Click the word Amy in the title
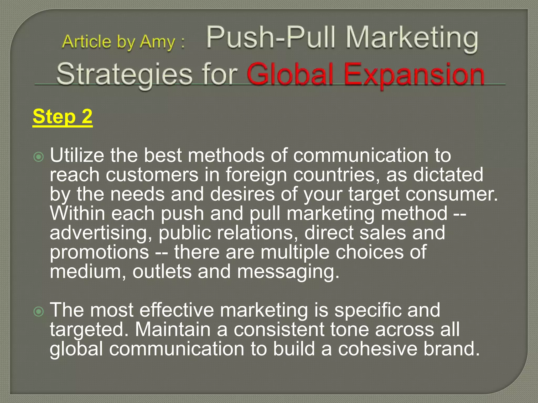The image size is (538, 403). pyautogui.click(x=157, y=42)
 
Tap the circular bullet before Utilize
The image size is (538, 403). pyautogui.click(x=39, y=157)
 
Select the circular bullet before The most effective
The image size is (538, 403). pyautogui.click(x=39, y=311)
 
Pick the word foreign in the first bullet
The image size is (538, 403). pyautogui.click(x=256, y=175)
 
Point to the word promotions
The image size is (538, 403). pyautogui.click(x=99, y=252)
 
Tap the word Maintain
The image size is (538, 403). pyautogui.click(x=173, y=329)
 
